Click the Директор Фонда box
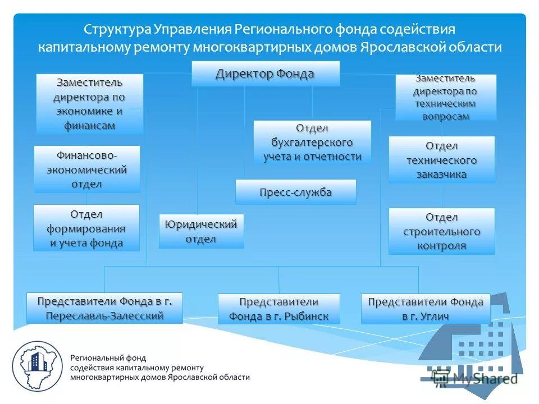265,74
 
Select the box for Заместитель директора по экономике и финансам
90,104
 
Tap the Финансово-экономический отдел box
86,169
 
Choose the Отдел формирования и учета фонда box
86,228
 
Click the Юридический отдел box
201,231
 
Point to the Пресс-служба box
295,192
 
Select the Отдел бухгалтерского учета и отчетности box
312,143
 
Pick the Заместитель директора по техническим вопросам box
446,97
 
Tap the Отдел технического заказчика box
441,160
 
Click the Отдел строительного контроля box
441,231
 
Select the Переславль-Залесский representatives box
104,308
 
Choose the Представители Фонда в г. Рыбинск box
278,309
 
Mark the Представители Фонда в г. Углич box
425,309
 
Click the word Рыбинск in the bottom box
305,316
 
